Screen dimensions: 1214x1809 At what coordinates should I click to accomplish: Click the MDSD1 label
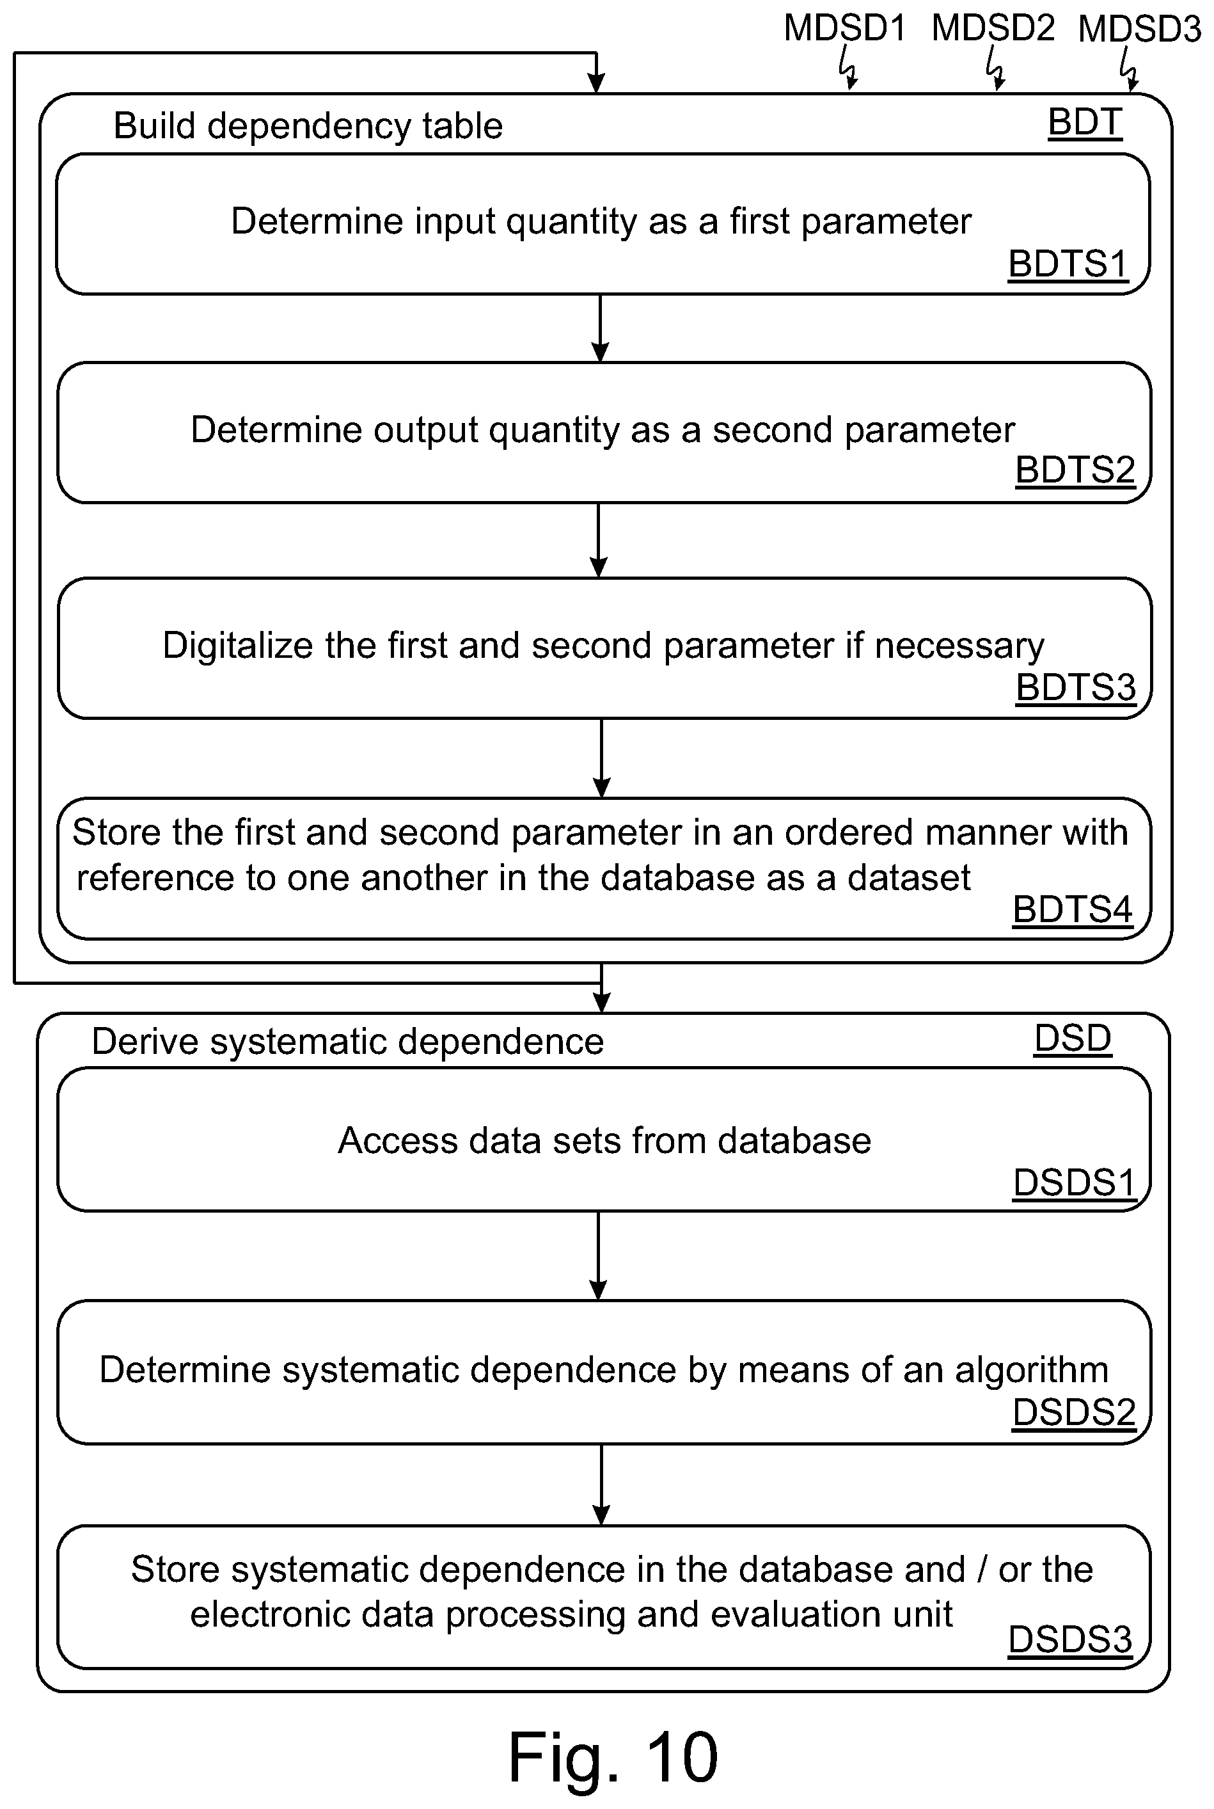coord(845,28)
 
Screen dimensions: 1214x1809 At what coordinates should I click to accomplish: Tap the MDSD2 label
coord(993,28)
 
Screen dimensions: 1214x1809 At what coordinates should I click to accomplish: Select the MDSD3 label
coord(1140,29)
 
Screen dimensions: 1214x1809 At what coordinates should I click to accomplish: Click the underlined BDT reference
coord(1085,122)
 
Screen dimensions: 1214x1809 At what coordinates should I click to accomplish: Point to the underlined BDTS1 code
coord(1068,265)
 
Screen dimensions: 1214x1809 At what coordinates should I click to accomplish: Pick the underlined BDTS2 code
coord(1075,470)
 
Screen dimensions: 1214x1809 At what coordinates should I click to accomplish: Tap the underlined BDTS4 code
coord(1072,909)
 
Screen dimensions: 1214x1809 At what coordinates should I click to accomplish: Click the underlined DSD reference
coord(1072,1039)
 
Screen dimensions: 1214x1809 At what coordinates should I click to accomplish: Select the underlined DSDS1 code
coord(1074,1183)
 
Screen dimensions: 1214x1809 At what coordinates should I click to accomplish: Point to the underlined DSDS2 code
coord(1074,1412)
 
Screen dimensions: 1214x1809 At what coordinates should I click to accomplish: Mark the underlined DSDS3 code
coord(1070,1639)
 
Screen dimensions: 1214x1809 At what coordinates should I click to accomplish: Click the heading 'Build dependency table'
coord(308,126)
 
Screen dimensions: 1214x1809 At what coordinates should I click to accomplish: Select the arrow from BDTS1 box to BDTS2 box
coord(600,328)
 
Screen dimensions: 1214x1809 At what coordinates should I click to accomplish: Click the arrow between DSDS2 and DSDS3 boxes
coord(601,1485)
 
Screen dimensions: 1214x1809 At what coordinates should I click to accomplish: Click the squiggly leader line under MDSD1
coord(849,68)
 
